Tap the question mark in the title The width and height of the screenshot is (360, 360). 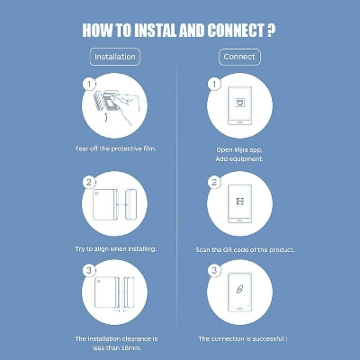click(271, 30)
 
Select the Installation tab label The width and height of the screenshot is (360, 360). click(116, 57)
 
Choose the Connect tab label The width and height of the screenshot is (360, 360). click(239, 57)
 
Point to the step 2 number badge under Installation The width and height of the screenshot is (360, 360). click(88, 182)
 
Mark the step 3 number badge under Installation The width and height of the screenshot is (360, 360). click(88, 270)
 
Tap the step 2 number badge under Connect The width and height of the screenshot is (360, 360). click(214, 182)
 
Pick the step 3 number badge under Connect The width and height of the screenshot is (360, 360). click(214, 270)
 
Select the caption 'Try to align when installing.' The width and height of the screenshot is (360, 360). click(115, 248)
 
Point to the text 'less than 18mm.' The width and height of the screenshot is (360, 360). click(116, 346)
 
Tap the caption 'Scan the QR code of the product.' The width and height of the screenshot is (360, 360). click(245, 249)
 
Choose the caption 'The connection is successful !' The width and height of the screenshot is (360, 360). click(242, 338)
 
